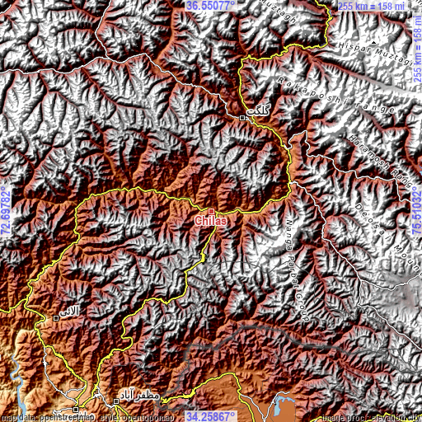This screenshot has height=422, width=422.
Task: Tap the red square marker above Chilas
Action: click(x=211, y=211)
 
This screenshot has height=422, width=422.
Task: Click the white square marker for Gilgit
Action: click(x=242, y=119)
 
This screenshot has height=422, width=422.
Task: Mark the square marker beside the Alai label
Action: click(x=56, y=317)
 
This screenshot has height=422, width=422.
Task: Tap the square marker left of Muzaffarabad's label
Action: click(x=115, y=401)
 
